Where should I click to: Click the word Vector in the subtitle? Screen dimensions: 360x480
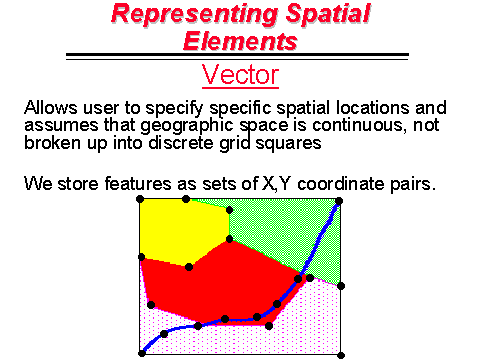click(x=239, y=74)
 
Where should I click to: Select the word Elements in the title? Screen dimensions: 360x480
click(x=240, y=40)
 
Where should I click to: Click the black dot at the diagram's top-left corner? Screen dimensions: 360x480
click(x=141, y=199)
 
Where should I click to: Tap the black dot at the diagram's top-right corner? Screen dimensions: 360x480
click(x=341, y=199)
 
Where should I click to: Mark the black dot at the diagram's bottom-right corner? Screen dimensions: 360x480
click(x=341, y=354)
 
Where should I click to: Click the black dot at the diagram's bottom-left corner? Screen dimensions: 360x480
click(x=141, y=354)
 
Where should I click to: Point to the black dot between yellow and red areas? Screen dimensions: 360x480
click(x=189, y=266)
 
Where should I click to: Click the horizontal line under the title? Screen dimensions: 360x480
click(x=239, y=55)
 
